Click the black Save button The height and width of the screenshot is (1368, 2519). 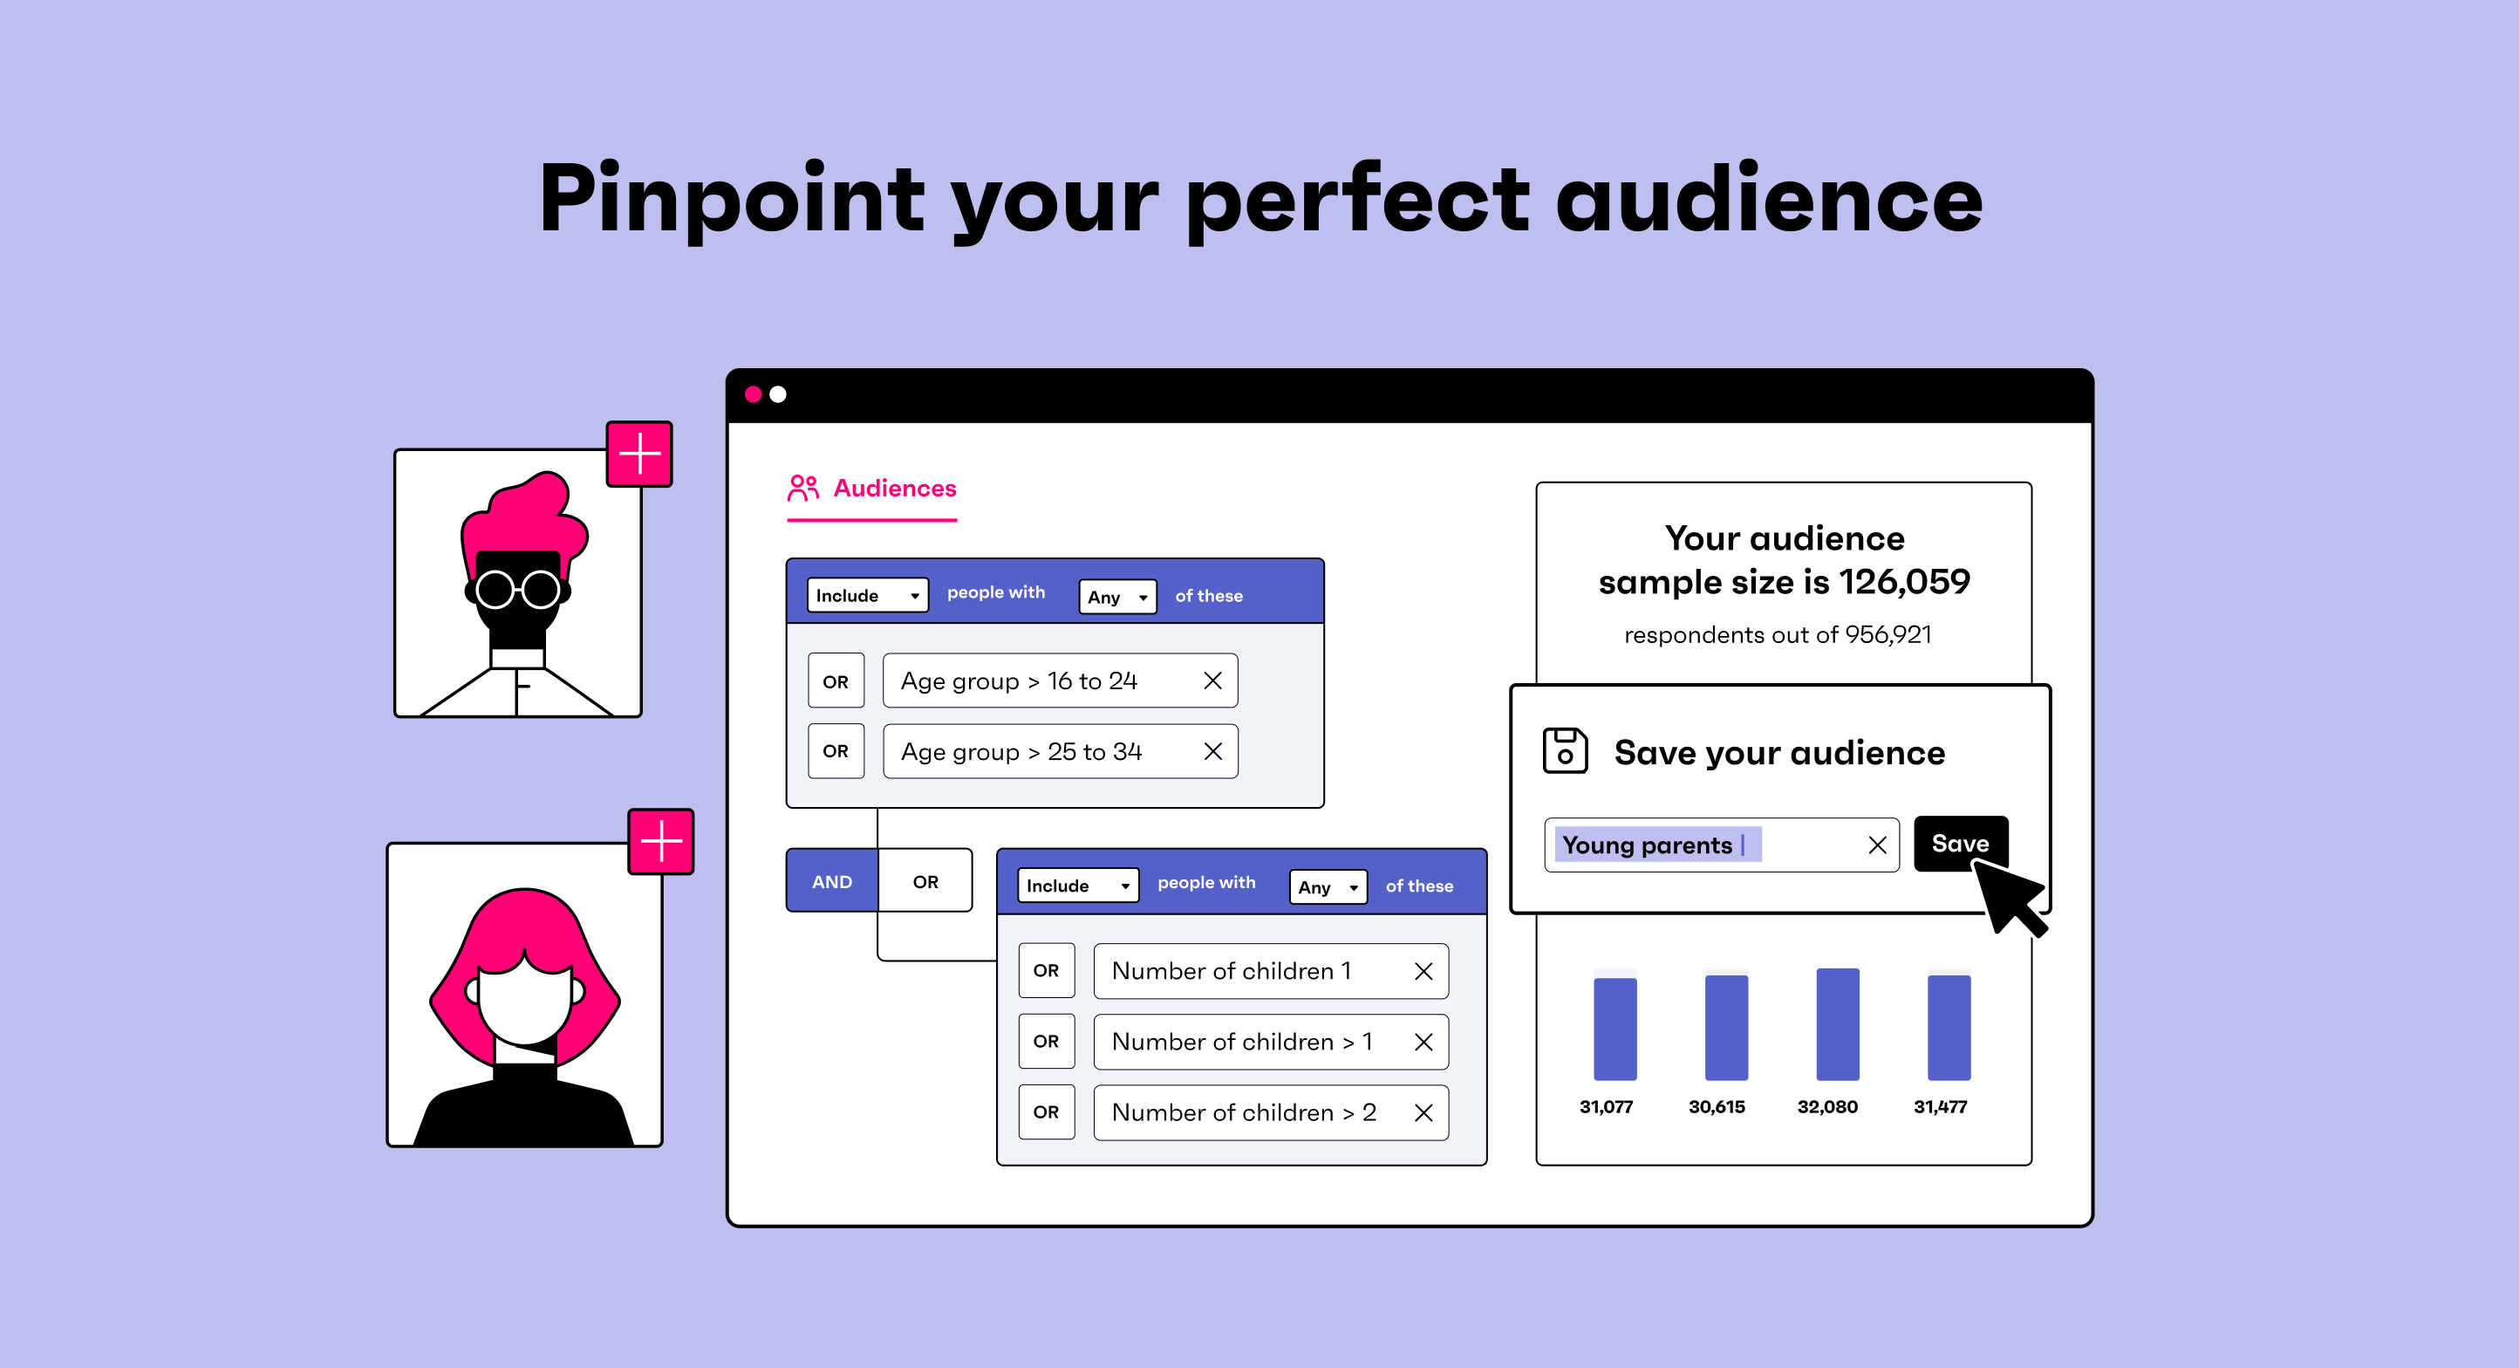pos(1960,843)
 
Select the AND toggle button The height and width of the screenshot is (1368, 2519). pos(832,881)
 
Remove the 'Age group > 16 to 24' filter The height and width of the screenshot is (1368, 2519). pos(1212,681)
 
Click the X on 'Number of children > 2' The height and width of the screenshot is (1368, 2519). pos(1423,1112)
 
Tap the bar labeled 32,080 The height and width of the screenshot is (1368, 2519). pos(1838,1023)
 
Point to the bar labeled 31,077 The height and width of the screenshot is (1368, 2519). pos(1615,1029)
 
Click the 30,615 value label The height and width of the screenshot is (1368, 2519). pos(1717,1107)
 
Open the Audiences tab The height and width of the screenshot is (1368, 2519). pos(872,489)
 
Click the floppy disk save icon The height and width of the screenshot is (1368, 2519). pos(1565,751)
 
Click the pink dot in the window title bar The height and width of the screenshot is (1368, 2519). pos(753,394)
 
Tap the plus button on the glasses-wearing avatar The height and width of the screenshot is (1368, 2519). pos(639,454)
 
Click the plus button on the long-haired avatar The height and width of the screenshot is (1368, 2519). pos(661,841)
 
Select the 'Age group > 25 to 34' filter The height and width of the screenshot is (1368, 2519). pos(1060,751)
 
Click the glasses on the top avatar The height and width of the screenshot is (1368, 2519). pos(518,590)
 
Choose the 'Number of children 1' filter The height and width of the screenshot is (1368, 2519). pos(1271,971)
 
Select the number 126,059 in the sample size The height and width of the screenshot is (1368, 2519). pos(1904,582)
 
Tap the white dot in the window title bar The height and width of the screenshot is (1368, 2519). pos(777,394)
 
